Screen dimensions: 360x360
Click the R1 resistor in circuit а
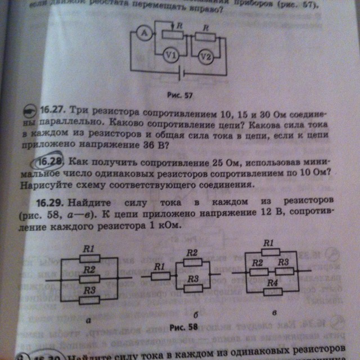89,258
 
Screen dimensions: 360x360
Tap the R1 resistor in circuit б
159,276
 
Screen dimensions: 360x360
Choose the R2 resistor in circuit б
192,262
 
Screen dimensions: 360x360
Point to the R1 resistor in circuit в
269,252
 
